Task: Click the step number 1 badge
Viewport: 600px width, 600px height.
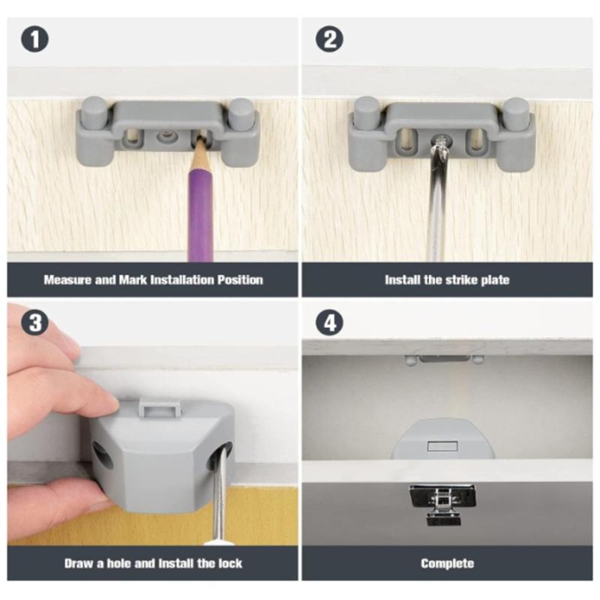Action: click(x=34, y=38)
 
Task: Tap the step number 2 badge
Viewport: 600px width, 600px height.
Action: click(x=328, y=38)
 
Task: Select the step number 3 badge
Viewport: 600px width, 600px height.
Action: click(x=34, y=322)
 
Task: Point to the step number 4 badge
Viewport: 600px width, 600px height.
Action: click(x=328, y=322)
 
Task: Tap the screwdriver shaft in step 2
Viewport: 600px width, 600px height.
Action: click(x=437, y=202)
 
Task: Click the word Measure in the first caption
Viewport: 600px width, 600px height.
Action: click(x=68, y=280)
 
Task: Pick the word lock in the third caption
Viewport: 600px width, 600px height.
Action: click(x=229, y=563)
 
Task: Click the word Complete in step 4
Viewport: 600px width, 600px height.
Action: click(x=447, y=563)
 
